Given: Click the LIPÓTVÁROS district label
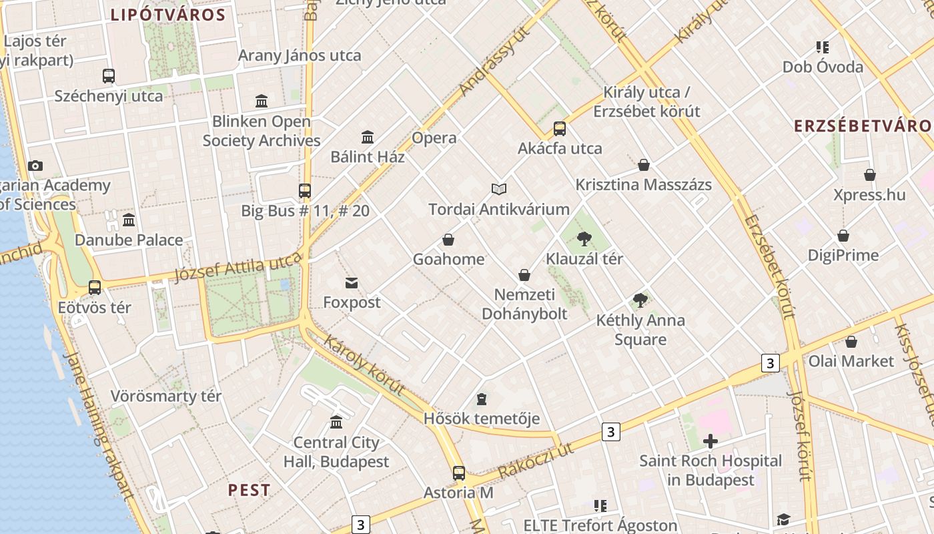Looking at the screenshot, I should pyautogui.click(x=167, y=15).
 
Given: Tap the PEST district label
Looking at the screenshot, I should pyautogui.click(x=250, y=490).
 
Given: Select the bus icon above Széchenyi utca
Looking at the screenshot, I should pyautogui.click(x=109, y=76).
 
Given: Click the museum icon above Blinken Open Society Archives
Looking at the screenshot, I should pyautogui.click(x=262, y=101).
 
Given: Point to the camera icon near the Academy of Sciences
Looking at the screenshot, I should pyautogui.click(x=35, y=166).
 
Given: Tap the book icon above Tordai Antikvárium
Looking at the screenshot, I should pyautogui.click(x=499, y=189).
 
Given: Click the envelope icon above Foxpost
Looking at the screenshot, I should pyautogui.click(x=352, y=283).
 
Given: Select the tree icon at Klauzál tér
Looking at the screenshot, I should pyautogui.click(x=584, y=238).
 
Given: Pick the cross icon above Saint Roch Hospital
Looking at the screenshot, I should pyautogui.click(x=711, y=441).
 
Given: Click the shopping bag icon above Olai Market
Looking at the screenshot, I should pyautogui.click(x=851, y=342).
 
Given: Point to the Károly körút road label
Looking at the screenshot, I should pyautogui.click(x=365, y=364).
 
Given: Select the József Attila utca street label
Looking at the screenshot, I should pyautogui.click(x=238, y=266).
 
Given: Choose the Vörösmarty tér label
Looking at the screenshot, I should pyautogui.click(x=165, y=396).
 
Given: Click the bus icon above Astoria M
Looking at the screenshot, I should pyautogui.click(x=458, y=473).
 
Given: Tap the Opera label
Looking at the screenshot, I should pyautogui.click(x=434, y=138).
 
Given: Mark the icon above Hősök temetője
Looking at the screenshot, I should pyautogui.click(x=482, y=399).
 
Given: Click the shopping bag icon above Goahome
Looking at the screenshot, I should pyautogui.click(x=448, y=239).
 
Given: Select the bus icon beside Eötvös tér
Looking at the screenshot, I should pyautogui.click(x=95, y=288).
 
